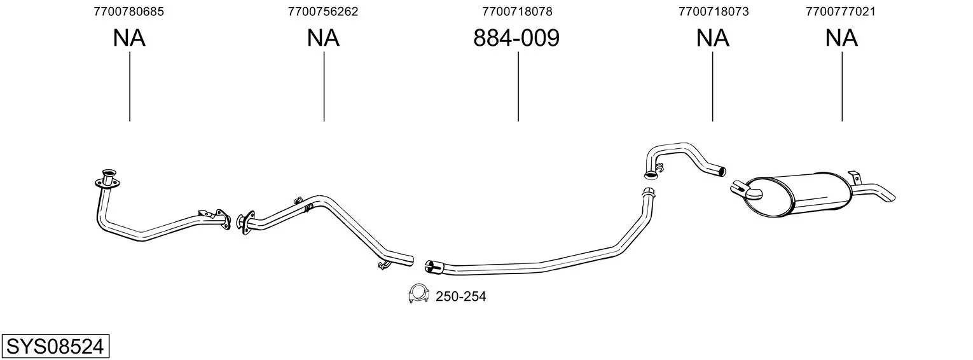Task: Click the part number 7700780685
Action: [129, 11]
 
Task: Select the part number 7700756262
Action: [323, 11]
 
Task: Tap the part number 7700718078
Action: [517, 11]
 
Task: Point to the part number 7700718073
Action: [714, 11]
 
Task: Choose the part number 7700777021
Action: [841, 11]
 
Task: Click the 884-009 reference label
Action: [516, 38]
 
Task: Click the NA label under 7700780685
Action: [129, 38]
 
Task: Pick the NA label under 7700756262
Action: [323, 38]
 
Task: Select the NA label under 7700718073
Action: [713, 38]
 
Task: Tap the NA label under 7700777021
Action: [841, 38]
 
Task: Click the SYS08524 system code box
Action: [55, 347]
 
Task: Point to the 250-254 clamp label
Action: [461, 296]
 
